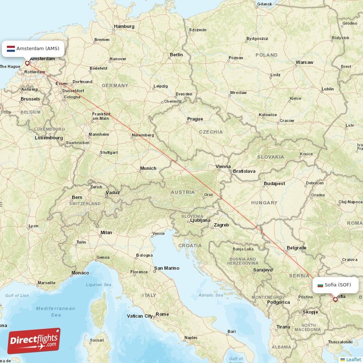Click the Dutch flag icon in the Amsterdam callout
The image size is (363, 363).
(11, 48)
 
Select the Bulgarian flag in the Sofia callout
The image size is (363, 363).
(320, 285)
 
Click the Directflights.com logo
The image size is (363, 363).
(34, 341)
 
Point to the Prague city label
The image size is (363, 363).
(195, 119)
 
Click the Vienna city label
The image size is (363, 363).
(223, 167)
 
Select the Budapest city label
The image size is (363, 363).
(275, 184)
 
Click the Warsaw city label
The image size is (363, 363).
(304, 62)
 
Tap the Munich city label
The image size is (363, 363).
(148, 168)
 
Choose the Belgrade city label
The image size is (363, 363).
(297, 248)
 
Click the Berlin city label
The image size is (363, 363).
(176, 54)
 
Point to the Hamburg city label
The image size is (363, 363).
(124, 26)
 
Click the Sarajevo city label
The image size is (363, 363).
(263, 270)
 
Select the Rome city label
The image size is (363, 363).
(162, 314)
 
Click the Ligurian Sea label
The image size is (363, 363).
(98, 285)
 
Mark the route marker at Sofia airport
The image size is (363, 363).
(335, 299)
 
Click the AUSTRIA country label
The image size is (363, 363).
(182, 192)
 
